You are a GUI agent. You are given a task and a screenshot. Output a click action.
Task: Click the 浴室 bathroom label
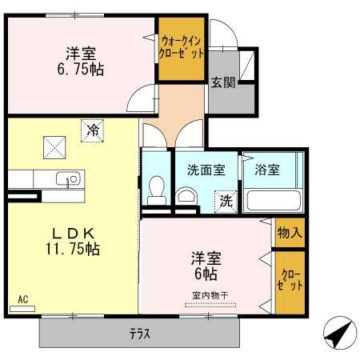(267, 170)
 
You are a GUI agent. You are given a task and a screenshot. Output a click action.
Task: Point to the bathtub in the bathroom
(272, 198)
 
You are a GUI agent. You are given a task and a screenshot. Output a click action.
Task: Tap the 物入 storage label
(290, 233)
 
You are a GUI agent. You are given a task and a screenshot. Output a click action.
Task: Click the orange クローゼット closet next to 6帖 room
(289, 282)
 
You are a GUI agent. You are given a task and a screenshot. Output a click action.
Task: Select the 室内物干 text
(210, 295)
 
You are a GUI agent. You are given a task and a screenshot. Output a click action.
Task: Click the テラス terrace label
(139, 333)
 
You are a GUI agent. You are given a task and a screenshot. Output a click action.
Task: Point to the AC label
(22, 300)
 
